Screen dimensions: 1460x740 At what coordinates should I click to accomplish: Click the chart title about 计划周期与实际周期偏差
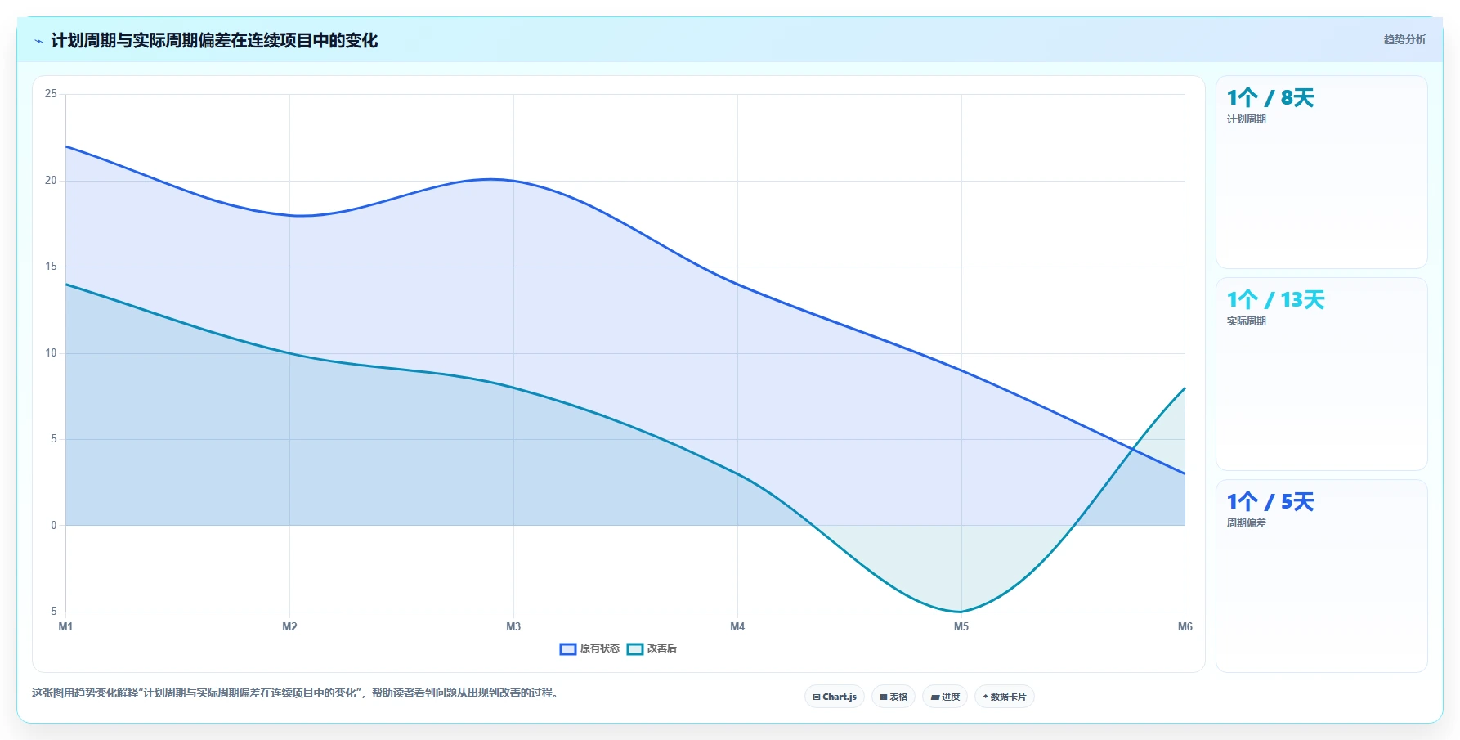click(214, 40)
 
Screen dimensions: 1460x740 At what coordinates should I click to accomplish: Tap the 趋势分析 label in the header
click(1404, 39)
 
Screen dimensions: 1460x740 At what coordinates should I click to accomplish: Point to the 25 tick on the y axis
click(51, 94)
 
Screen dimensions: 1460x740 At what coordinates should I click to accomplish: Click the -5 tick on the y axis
click(52, 611)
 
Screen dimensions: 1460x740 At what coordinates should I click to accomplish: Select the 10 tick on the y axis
click(51, 352)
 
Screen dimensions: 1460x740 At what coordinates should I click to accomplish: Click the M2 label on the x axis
click(289, 626)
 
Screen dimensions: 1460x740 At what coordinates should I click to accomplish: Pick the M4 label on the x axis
click(737, 626)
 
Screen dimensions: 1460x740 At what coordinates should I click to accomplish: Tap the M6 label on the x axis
click(1185, 626)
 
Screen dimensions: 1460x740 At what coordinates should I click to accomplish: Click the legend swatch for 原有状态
click(568, 649)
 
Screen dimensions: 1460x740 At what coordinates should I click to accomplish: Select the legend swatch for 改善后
click(635, 649)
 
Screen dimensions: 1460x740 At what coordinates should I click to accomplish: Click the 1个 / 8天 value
click(1270, 98)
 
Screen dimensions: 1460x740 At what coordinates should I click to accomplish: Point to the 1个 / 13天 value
click(1275, 300)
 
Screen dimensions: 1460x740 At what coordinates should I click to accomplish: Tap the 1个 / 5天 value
click(1270, 502)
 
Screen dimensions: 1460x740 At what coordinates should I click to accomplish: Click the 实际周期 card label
click(1246, 321)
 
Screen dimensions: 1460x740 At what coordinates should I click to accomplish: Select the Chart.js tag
click(835, 697)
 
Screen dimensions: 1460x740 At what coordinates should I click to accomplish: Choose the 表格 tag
click(893, 697)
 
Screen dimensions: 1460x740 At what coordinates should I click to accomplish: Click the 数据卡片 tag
click(1005, 697)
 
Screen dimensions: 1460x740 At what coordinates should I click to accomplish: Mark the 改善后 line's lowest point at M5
click(961, 612)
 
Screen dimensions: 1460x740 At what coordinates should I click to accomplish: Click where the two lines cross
click(1132, 449)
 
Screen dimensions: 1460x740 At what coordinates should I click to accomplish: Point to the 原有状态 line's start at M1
click(66, 146)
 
